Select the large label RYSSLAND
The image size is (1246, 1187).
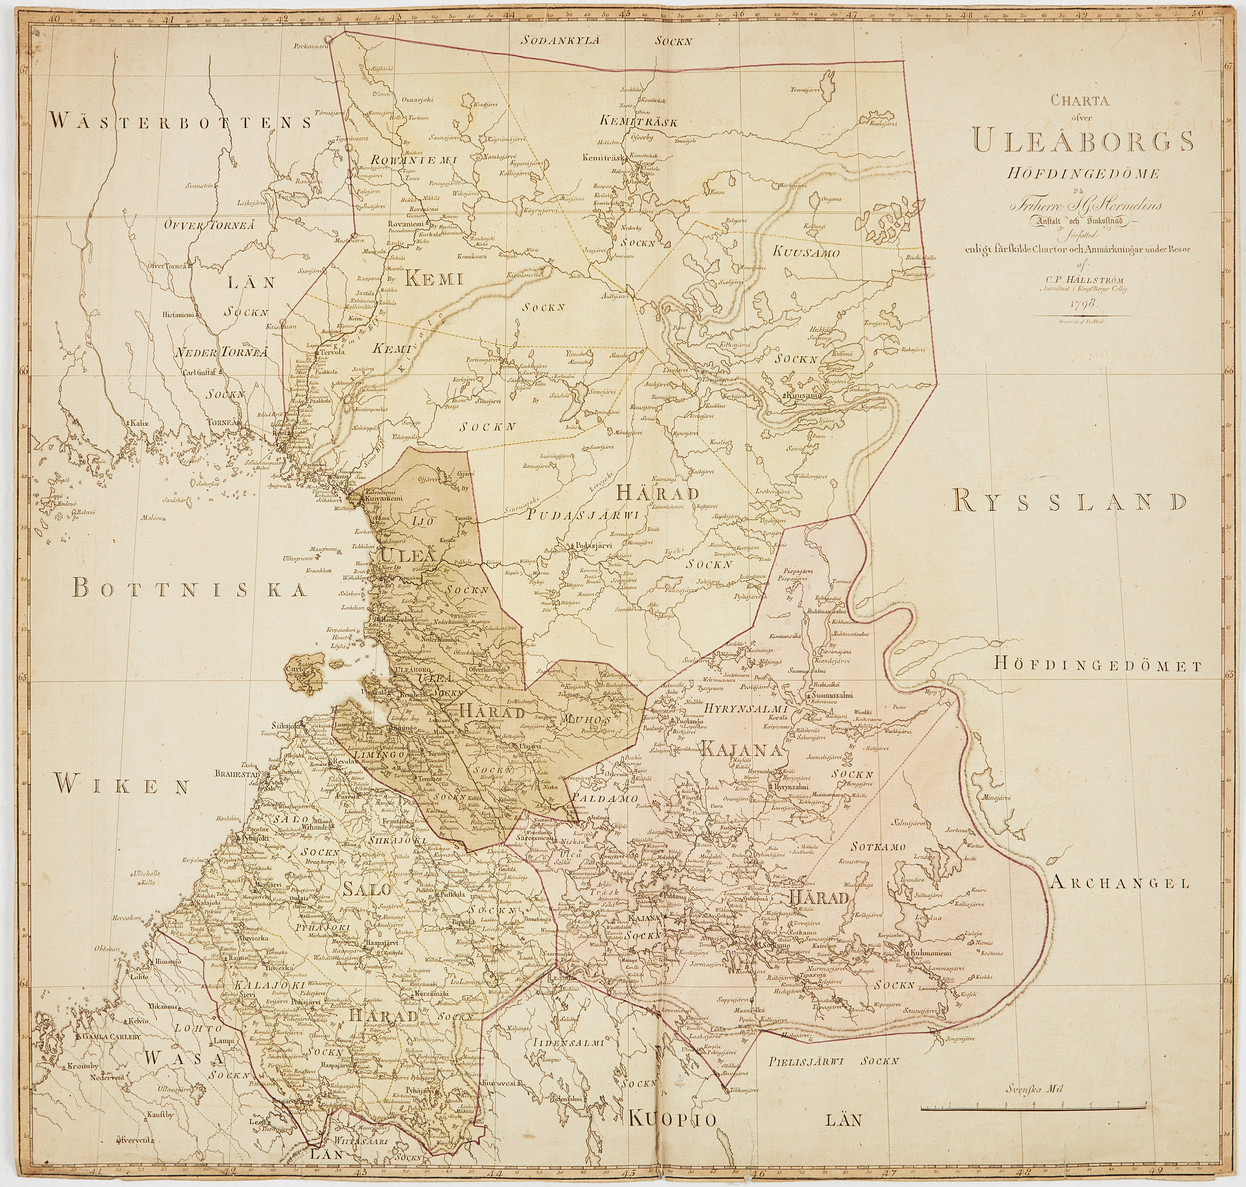pos(1069,502)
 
